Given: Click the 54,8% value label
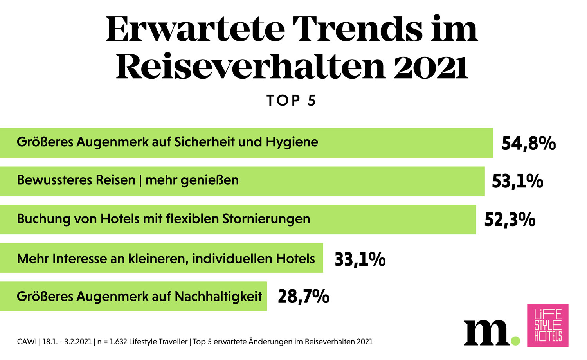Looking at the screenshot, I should (528, 144).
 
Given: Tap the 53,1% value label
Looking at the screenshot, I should (517, 182).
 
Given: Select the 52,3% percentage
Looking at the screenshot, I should (510, 220).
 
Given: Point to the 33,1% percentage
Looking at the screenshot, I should (360, 259).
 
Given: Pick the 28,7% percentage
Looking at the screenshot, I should (303, 297).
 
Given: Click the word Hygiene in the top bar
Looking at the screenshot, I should (292, 142).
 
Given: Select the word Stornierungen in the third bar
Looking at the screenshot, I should (266, 219).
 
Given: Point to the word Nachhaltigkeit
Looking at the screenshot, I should (218, 296).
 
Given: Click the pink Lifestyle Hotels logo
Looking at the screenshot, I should (547, 325).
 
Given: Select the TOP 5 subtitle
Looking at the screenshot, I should (291, 101).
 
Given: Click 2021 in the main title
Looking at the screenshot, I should (430, 67).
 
